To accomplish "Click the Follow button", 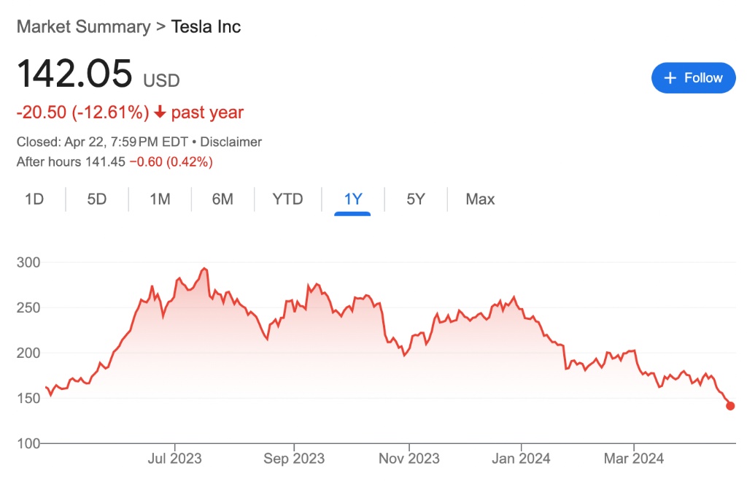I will [693, 78].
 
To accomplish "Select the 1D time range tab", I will [34, 199].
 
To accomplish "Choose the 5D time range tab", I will [97, 199].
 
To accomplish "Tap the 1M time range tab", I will [160, 199].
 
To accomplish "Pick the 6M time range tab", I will [222, 199].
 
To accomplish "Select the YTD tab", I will [287, 199].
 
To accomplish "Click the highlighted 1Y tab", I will [353, 199].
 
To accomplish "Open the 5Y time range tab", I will [416, 199].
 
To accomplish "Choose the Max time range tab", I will [480, 199].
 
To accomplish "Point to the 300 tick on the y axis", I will [28, 262].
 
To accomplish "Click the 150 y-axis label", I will [28, 398].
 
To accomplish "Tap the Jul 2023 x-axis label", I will [174, 459].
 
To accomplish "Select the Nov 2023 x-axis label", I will [409, 459].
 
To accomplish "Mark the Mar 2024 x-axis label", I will [634, 459].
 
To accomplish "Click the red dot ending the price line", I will [730, 406].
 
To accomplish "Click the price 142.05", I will [74, 74].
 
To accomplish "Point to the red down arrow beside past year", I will [160, 113].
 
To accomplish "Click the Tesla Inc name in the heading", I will [206, 27].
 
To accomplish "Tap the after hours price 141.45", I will [105, 161].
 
